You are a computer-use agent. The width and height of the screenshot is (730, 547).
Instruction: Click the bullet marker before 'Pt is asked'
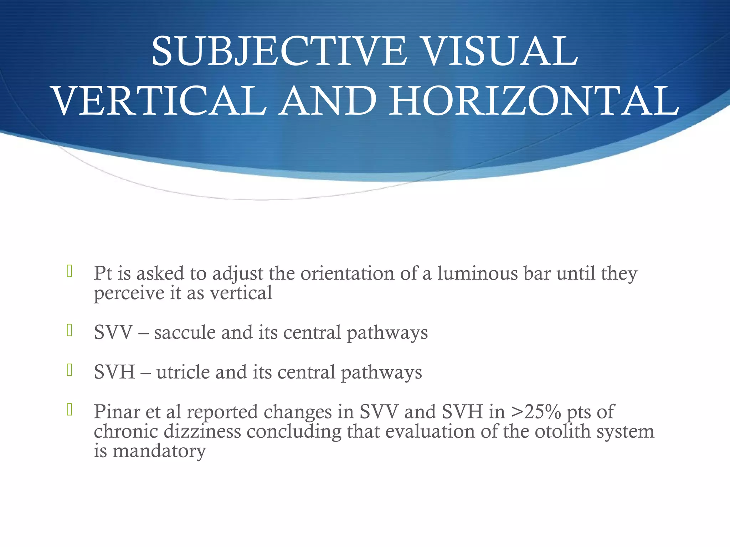(70, 271)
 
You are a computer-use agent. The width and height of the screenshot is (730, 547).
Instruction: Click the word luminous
(477, 273)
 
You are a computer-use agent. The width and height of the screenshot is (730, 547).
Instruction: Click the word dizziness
(202, 432)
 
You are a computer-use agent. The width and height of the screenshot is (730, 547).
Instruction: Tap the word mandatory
(159, 451)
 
